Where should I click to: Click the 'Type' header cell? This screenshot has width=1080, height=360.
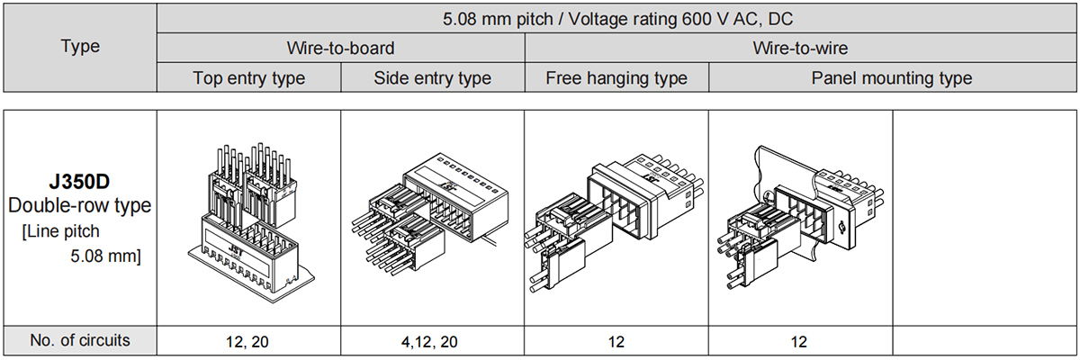point(80,46)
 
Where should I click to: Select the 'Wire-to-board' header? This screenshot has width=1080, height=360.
point(340,49)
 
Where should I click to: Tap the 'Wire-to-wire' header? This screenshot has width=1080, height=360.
point(800,49)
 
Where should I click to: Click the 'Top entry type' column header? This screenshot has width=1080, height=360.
point(248,78)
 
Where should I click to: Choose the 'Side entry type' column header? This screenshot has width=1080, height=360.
point(433,78)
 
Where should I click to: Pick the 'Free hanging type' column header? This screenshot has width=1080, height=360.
point(616,78)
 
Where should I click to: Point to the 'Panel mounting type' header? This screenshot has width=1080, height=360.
point(892,78)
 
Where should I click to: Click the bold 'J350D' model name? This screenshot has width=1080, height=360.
point(79,182)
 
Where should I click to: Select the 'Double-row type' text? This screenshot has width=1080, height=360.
point(79,206)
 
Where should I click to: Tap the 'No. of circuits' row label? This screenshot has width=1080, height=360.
point(80,340)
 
